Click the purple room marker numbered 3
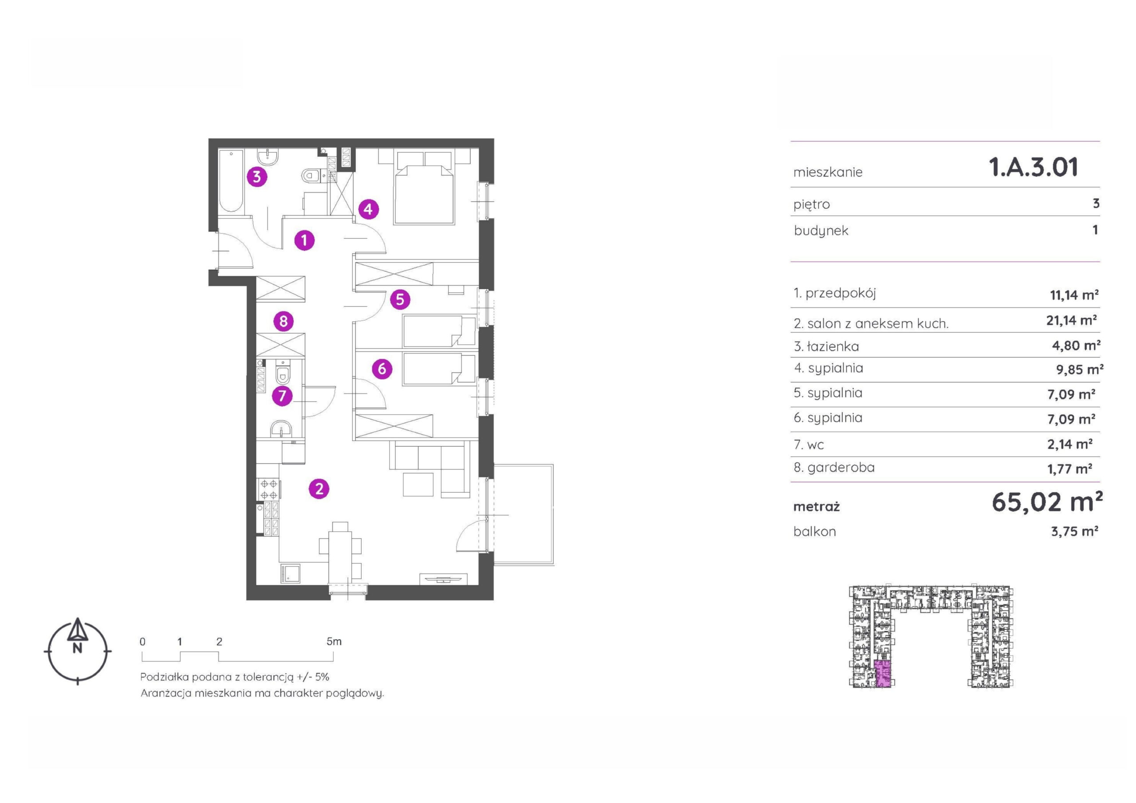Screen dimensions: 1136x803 [257, 177]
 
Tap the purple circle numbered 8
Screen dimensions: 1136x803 [284, 322]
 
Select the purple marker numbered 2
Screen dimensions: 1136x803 [319, 489]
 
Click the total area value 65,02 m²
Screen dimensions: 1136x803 [1047, 502]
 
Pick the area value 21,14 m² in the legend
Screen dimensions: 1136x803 [1071, 321]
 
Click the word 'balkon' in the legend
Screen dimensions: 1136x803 [815, 532]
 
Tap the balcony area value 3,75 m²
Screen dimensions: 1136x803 [1074, 531]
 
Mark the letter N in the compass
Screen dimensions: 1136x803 [77, 649]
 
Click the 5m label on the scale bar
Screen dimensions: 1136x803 [334, 642]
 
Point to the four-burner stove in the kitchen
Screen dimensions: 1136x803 [268, 489]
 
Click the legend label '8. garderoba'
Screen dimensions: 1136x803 [834, 468]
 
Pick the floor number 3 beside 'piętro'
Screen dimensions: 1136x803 [1096, 203]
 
